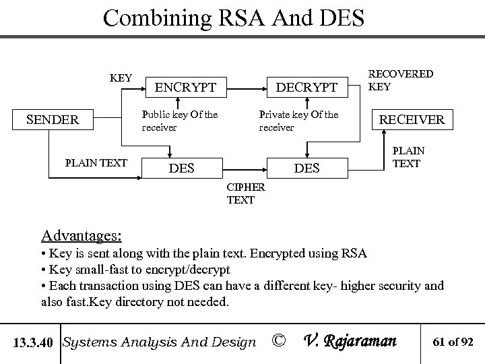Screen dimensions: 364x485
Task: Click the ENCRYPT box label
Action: pyautogui.click(x=186, y=88)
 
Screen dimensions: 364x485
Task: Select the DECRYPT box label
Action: pyautogui.click(x=306, y=88)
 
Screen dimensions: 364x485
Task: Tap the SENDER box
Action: pyautogui.click(x=53, y=120)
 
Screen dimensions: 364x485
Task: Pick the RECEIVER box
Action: pyautogui.click(x=412, y=120)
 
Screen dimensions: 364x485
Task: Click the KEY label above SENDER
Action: pyautogui.click(x=121, y=78)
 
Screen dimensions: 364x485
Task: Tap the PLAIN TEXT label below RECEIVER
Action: pyautogui.click(x=406, y=157)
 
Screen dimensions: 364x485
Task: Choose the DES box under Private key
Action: pyautogui.click(x=307, y=168)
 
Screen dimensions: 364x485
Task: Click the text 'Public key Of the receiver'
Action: pyautogui.click(x=180, y=121)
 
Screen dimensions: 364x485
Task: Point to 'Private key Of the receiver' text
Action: pyautogui.click(x=298, y=121)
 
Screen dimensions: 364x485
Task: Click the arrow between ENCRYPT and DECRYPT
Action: pyautogui.click(x=246, y=88)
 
